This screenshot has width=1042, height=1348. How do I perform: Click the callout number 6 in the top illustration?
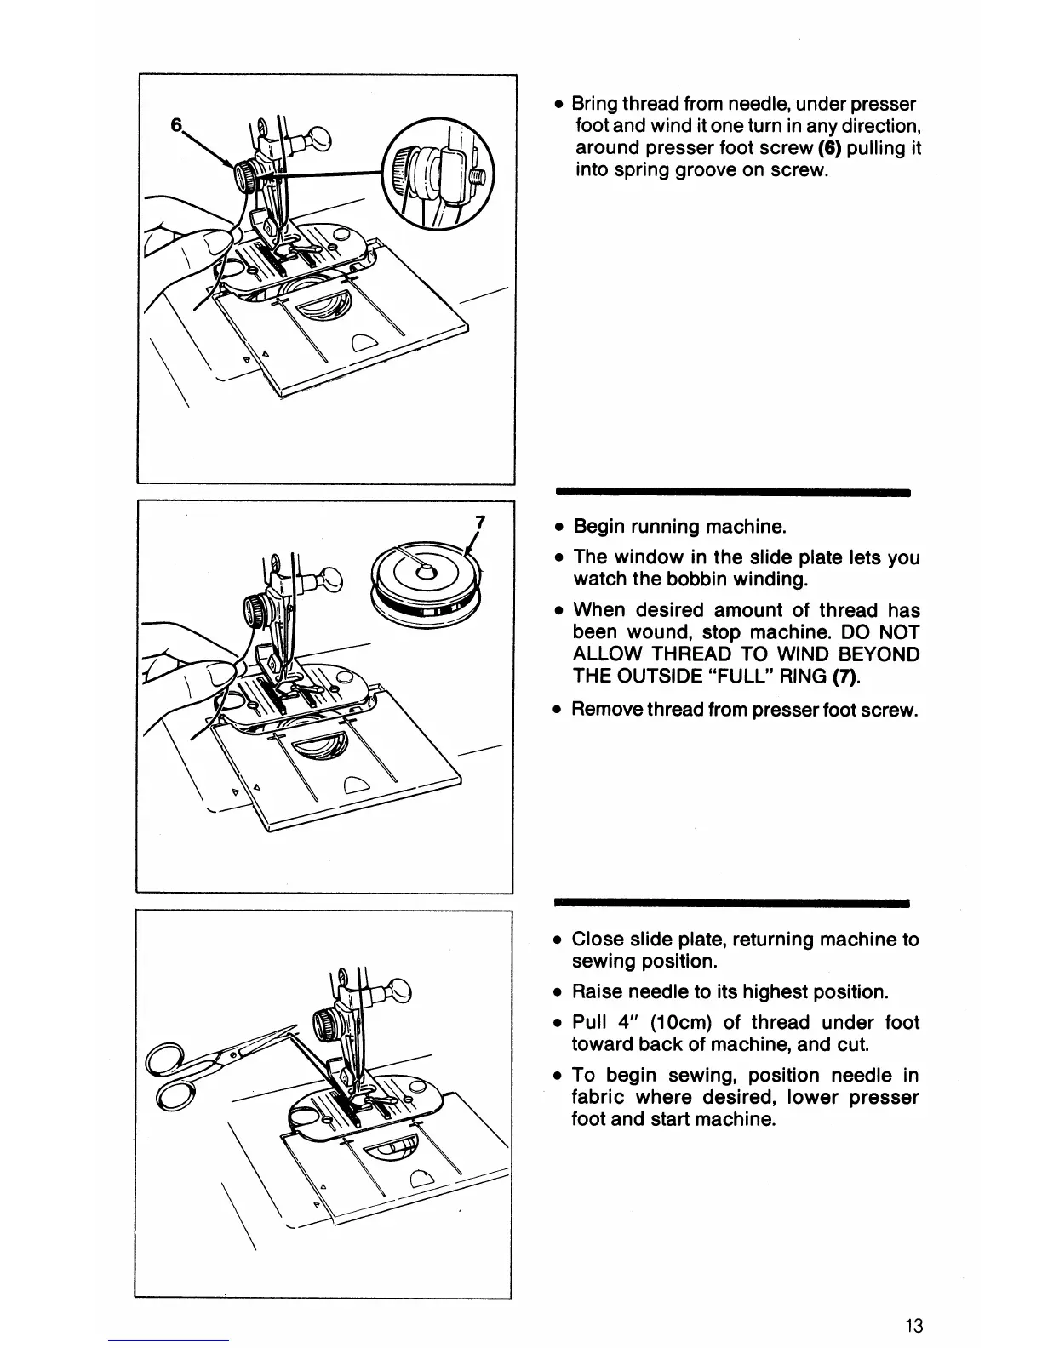[176, 124]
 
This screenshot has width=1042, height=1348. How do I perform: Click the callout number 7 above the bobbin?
[479, 523]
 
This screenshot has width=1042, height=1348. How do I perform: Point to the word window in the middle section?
[656, 557]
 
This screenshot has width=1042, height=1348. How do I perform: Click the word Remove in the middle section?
[606, 709]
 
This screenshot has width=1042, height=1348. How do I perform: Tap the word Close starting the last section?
[598, 940]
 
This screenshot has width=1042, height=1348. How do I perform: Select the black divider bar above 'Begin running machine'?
[733, 492]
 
